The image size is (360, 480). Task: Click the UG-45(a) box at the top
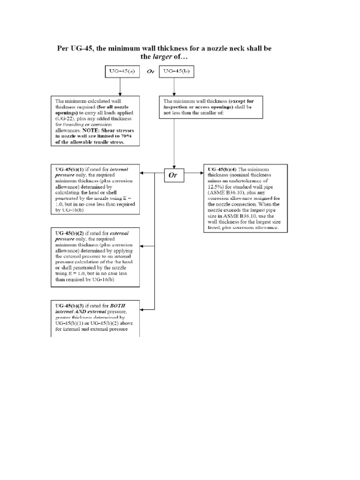120,72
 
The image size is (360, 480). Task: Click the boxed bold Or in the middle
174,175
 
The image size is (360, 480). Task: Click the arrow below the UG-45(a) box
120,87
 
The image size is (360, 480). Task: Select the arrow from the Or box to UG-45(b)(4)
194,175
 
